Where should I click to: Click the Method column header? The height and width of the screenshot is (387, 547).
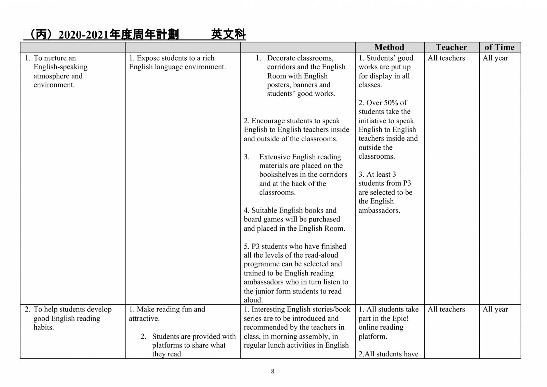click(x=389, y=47)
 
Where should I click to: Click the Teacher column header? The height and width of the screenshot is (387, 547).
click(x=451, y=47)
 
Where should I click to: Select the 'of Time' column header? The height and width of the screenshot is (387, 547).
click(x=499, y=47)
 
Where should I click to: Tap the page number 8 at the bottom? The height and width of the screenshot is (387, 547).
click(x=273, y=372)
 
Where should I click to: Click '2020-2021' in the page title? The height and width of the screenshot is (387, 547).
click(x=83, y=35)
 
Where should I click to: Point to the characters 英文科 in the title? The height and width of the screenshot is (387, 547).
click(x=228, y=34)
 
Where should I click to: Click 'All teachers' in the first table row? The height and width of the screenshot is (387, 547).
click(x=446, y=58)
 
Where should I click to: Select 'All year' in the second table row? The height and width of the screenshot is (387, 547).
click(x=495, y=309)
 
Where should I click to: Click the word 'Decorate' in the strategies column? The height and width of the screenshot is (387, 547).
click(x=282, y=58)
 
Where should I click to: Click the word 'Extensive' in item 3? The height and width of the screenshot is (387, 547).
click(x=275, y=157)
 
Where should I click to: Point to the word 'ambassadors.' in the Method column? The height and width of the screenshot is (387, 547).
click(x=379, y=210)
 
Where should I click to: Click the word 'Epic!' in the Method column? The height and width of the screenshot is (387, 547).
click(x=400, y=318)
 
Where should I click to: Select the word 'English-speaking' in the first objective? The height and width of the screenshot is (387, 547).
click(x=61, y=67)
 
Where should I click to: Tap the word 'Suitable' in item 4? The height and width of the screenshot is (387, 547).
click(x=264, y=210)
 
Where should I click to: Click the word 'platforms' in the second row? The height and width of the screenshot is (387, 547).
click(x=167, y=345)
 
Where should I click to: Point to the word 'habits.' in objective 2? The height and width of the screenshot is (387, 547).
click(x=44, y=327)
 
